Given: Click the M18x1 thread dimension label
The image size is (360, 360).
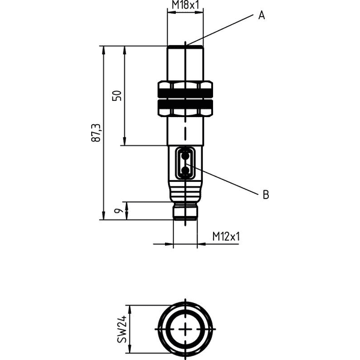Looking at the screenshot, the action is point(185,5).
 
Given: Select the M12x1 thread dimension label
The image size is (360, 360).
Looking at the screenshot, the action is point(226,236).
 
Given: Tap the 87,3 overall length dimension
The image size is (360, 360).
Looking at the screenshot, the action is point(96,133).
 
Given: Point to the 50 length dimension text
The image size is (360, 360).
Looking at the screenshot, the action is point(116,96).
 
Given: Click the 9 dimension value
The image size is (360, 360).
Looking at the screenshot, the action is point(118,211).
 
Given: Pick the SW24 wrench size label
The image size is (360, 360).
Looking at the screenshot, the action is point(122,329).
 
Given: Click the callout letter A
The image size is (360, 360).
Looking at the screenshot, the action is point(262,16).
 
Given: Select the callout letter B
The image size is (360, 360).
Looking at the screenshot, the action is point(266,194).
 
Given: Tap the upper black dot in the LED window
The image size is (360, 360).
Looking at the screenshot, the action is point(185,156).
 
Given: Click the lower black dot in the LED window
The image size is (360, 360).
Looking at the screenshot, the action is point(185,170).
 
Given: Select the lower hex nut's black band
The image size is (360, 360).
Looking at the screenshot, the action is point(185,104).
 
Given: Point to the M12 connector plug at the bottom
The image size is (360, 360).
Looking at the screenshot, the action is point(185,212).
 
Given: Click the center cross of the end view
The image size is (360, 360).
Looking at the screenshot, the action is point(185,329).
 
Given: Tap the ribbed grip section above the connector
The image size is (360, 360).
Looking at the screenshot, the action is point(185,191).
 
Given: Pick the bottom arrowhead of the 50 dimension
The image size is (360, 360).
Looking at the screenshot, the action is point(125,141).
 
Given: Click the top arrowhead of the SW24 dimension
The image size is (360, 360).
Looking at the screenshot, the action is point(130,310).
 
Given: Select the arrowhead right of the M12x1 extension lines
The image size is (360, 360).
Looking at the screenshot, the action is point(202,244).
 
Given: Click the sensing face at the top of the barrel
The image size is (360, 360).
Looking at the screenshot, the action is point(185,47).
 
